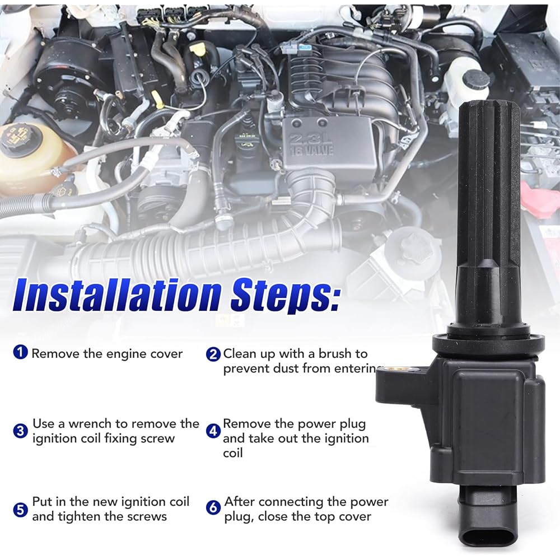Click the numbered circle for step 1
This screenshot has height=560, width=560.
21,353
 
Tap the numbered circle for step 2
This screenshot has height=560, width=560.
213,354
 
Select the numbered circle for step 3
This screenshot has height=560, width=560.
21,431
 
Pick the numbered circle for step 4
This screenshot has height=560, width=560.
213,431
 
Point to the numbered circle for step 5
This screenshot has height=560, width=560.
21,508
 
